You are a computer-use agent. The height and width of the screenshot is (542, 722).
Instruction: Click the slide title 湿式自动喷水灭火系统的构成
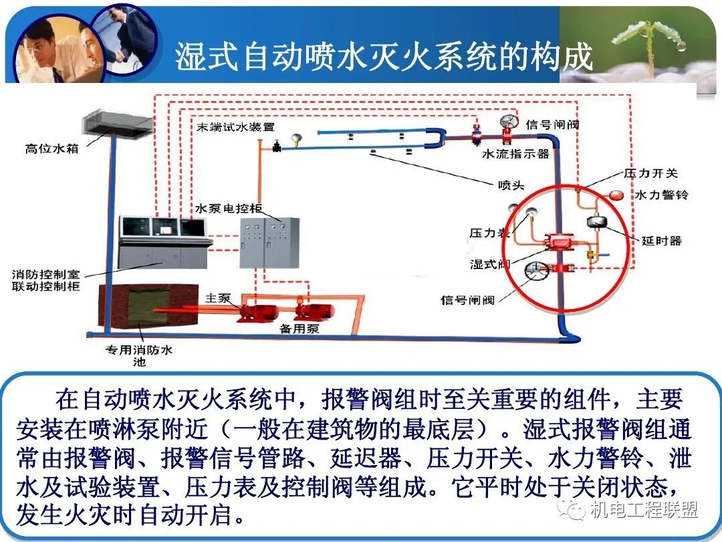click(x=384, y=57)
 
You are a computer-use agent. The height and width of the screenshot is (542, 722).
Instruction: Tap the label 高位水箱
click(x=52, y=149)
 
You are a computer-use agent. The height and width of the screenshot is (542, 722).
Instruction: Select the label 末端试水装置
click(x=235, y=127)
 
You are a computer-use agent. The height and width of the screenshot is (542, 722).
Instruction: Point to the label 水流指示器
click(x=515, y=154)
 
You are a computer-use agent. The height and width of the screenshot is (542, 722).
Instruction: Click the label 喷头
click(x=511, y=185)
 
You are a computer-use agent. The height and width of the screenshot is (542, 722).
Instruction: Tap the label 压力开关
click(x=650, y=173)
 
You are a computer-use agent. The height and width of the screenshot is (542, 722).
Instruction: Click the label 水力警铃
click(x=661, y=195)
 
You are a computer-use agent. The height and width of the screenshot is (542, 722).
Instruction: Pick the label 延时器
click(x=661, y=240)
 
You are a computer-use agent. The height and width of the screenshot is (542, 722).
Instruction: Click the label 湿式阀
click(x=490, y=264)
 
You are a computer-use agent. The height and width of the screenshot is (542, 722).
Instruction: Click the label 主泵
click(x=218, y=298)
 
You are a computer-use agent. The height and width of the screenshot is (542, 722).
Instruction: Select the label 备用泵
click(x=299, y=329)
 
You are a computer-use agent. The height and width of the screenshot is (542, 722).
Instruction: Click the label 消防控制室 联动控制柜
click(x=46, y=280)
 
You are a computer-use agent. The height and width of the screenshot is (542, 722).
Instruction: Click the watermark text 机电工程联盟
click(x=644, y=511)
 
